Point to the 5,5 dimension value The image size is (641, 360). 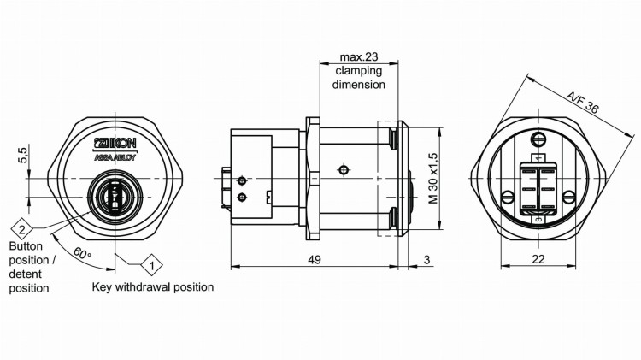(x=23, y=155)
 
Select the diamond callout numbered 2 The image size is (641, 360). (x=22, y=228)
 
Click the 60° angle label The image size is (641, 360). (x=82, y=254)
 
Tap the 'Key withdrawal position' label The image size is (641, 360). (x=152, y=287)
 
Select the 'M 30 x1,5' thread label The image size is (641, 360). (x=432, y=179)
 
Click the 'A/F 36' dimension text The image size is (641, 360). (x=582, y=102)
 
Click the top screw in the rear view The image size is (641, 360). (x=538, y=139)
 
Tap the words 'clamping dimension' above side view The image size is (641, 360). (x=359, y=78)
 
